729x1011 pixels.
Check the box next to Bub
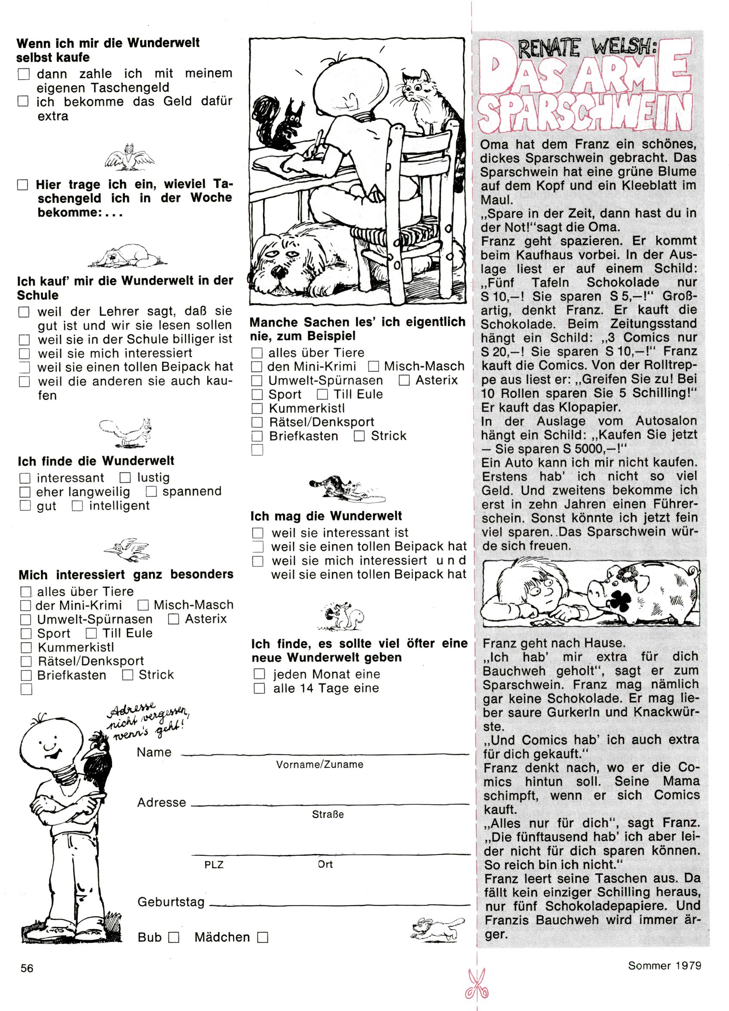coord(174,937)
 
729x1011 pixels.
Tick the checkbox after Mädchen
coord(263,937)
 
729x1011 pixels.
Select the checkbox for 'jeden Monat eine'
coord(259,674)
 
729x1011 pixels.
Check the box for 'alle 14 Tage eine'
coord(259,688)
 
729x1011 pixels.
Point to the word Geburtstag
coord(171,902)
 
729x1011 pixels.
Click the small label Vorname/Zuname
coord(320,765)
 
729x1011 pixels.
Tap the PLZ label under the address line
coord(214,865)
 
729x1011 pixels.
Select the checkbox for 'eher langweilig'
coord(25,492)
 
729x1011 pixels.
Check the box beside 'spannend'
coord(152,492)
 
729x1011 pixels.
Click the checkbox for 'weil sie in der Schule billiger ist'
coord(24,340)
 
